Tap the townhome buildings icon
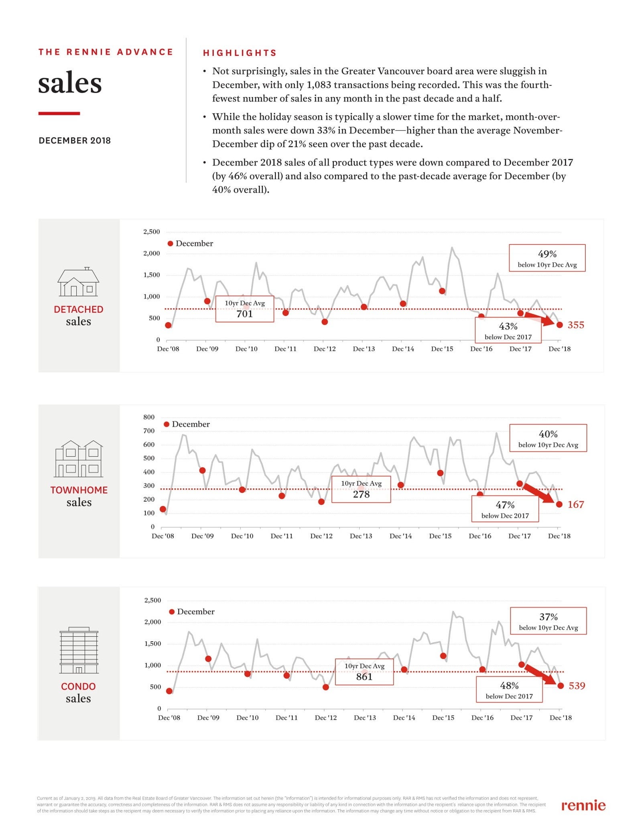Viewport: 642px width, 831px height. pyautogui.click(x=79, y=458)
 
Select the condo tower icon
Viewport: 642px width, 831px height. pyautogui.click(x=79, y=650)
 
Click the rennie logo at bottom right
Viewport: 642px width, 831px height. pyautogui.click(x=583, y=805)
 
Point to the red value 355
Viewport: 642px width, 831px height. pyautogui.click(x=576, y=325)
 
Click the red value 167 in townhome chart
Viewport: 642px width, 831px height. pyautogui.click(x=576, y=504)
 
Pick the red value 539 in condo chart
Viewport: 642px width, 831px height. pyautogui.click(x=577, y=686)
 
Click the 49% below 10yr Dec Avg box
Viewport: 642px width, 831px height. pyautogui.click(x=547, y=258)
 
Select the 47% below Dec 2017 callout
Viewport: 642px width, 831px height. pyautogui.click(x=505, y=509)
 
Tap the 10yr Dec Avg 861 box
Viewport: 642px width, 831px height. pyautogui.click(x=364, y=672)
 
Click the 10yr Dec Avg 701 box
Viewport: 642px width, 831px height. pyautogui.click(x=245, y=309)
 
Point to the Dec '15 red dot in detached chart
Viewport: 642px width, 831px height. pyautogui.click(x=442, y=291)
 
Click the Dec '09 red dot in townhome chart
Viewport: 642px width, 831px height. pyautogui.click(x=203, y=470)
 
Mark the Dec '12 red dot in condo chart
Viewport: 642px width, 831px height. pyautogui.click(x=326, y=687)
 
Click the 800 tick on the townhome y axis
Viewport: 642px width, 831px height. pyautogui.click(x=149, y=417)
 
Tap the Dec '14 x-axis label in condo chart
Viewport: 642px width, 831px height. pyautogui.click(x=404, y=717)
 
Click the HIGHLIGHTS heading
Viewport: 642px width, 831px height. pyautogui.click(x=240, y=53)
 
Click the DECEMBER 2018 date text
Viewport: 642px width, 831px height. pyautogui.click(x=75, y=140)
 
